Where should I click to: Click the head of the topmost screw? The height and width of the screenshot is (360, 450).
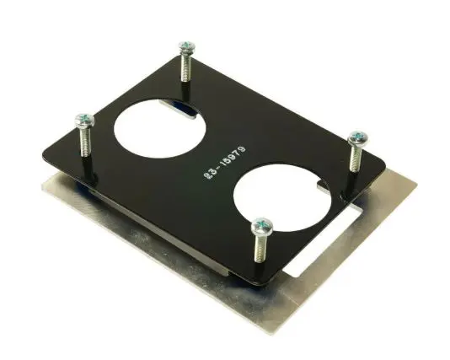pyautogui.click(x=187, y=47)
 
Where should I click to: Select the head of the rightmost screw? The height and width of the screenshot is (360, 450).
pyautogui.click(x=358, y=137)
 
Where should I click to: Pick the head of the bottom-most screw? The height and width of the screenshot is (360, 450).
pyautogui.click(x=262, y=225)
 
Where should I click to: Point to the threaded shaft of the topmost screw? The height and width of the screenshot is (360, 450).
pyautogui.click(x=186, y=67)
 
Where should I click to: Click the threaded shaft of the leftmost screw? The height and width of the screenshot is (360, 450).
pyautogui.click(x=86, y=142)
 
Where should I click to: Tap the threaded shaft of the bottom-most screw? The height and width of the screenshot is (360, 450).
pyautogui.click(x=260, y=248)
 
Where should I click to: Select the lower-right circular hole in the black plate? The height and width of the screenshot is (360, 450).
pyautogui.click(x=282, y=198)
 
